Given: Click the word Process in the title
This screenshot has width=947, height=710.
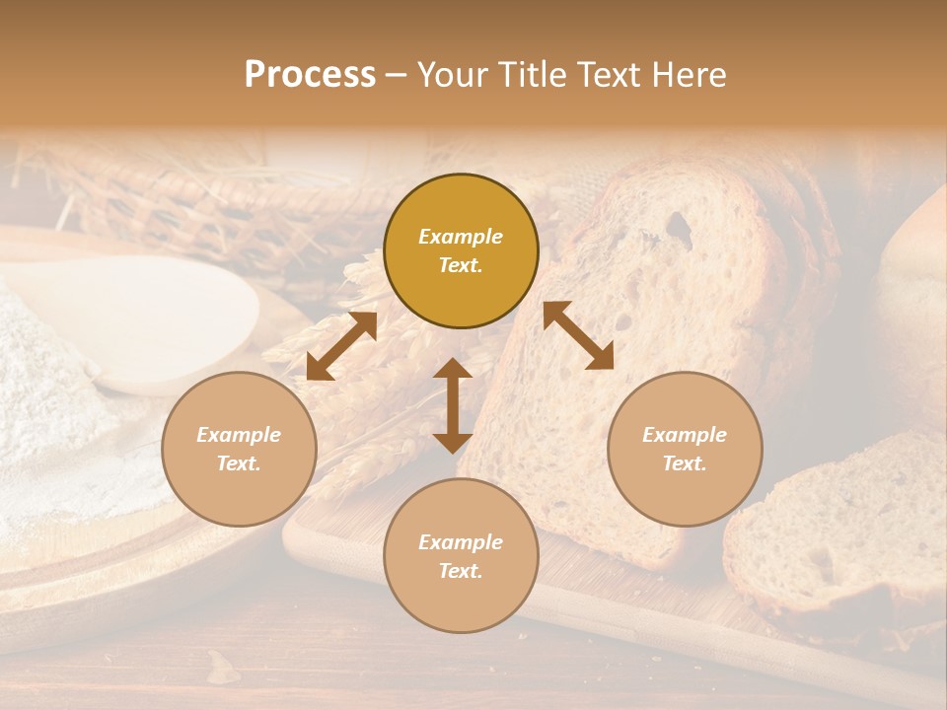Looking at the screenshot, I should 310,75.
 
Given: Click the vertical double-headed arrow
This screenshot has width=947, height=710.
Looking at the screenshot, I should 453,405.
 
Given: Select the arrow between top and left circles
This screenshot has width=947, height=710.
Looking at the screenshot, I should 341,346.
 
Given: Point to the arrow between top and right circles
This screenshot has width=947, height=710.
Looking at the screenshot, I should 578,335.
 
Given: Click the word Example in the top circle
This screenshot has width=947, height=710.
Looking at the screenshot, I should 461,237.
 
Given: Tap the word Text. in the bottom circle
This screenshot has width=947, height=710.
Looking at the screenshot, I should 461,571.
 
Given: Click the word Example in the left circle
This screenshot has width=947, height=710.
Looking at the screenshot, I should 239,435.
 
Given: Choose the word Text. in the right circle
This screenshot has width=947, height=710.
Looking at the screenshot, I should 685,463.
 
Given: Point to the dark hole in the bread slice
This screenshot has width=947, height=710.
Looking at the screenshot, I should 678,227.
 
